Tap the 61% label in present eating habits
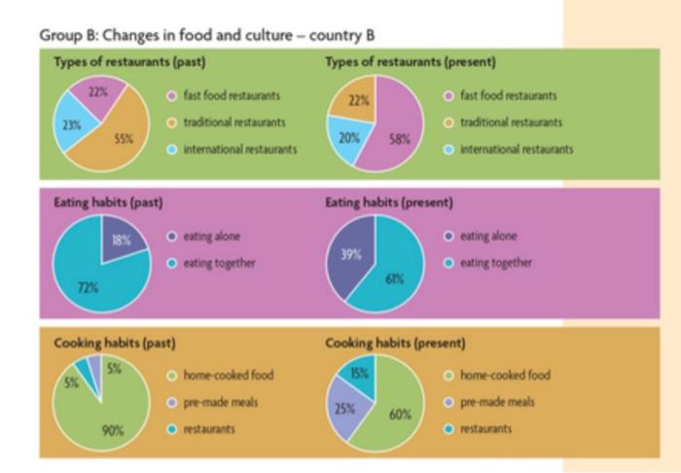pyautogui.click(x=393, y=279)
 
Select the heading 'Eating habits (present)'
pyautogui.click(x=388, y=202)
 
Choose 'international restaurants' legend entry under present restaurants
pyautogui.click(x=516, y=149)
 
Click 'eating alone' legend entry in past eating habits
pyautogui.click(x=210, y=236)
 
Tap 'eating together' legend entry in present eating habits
pyautogui.click(x=495, y=263)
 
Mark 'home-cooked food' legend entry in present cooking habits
pyautogui.click(x=504, y=375)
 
